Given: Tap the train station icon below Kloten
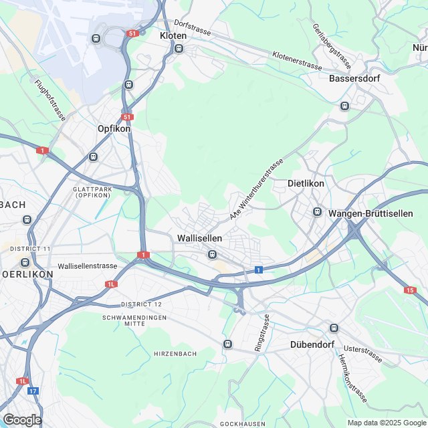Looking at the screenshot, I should point(179,48).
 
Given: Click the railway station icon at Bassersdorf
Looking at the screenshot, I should point(345,106).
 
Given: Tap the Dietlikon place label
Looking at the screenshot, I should point(306,183).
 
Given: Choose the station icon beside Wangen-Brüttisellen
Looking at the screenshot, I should point(318,212).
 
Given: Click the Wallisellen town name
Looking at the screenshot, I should point(199,237).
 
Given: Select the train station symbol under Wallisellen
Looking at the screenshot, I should point(212,254).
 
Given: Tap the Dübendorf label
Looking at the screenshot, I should point(294,344).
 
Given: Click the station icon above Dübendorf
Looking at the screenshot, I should point(334,328).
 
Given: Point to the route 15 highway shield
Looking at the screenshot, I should point(410,290).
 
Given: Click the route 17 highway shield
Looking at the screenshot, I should point(33,391).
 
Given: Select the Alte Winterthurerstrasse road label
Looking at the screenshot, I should point(257,189).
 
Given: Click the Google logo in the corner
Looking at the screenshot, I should point(22,419).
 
